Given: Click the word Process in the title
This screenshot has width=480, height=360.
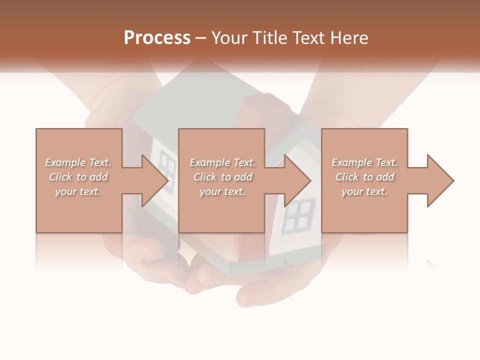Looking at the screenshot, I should point(157,38).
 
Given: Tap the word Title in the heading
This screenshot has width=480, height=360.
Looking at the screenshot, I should point(269,38).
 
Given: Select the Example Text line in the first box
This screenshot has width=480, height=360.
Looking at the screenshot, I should point(78,162).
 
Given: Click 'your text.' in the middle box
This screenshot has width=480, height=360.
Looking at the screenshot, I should point(222,191).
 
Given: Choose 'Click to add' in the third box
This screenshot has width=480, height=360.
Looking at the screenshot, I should point(365,177).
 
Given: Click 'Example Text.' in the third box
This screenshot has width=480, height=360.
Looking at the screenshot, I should point(364,162).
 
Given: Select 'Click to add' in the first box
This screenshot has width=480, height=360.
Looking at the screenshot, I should point(78,177).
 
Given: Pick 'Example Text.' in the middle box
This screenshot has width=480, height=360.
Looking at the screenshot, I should point(222,162).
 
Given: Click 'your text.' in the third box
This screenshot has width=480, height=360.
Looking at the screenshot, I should point(364,191).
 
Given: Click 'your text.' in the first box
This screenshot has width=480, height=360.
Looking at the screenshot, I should point(78,191).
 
